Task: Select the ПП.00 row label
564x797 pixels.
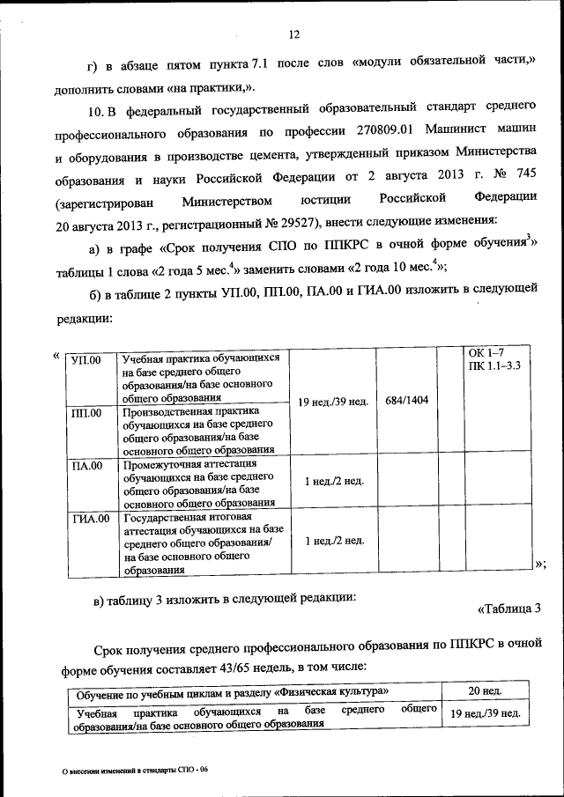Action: click(x=85, y=412)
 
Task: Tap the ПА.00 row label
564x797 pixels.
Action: click(x=85, y=465)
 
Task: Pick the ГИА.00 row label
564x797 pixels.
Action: click(x=90, y=519)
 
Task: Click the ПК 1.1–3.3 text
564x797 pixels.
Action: click(x=494, y=365)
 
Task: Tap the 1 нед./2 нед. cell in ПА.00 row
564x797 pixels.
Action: click(x=333, y=481)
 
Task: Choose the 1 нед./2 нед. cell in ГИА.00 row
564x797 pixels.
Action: click(x=333, y=540)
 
